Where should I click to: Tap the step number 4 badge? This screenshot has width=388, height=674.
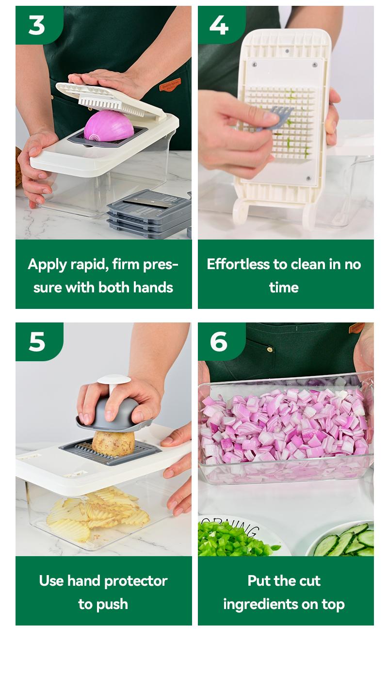pos(221,25)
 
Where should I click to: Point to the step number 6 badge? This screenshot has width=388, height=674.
pos(221,341)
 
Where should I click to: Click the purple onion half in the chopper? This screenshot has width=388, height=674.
pos(109,126)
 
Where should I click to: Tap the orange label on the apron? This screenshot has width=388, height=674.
pos(170,84)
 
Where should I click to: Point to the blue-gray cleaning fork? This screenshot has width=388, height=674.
pos(276,118)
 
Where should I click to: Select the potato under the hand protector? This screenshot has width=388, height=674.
pos(113,443)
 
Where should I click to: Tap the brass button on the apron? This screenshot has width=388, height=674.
pos(270,349)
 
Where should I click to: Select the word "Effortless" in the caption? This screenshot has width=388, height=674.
pos(238,264)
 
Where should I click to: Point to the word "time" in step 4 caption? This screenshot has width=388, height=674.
pos(284,288)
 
